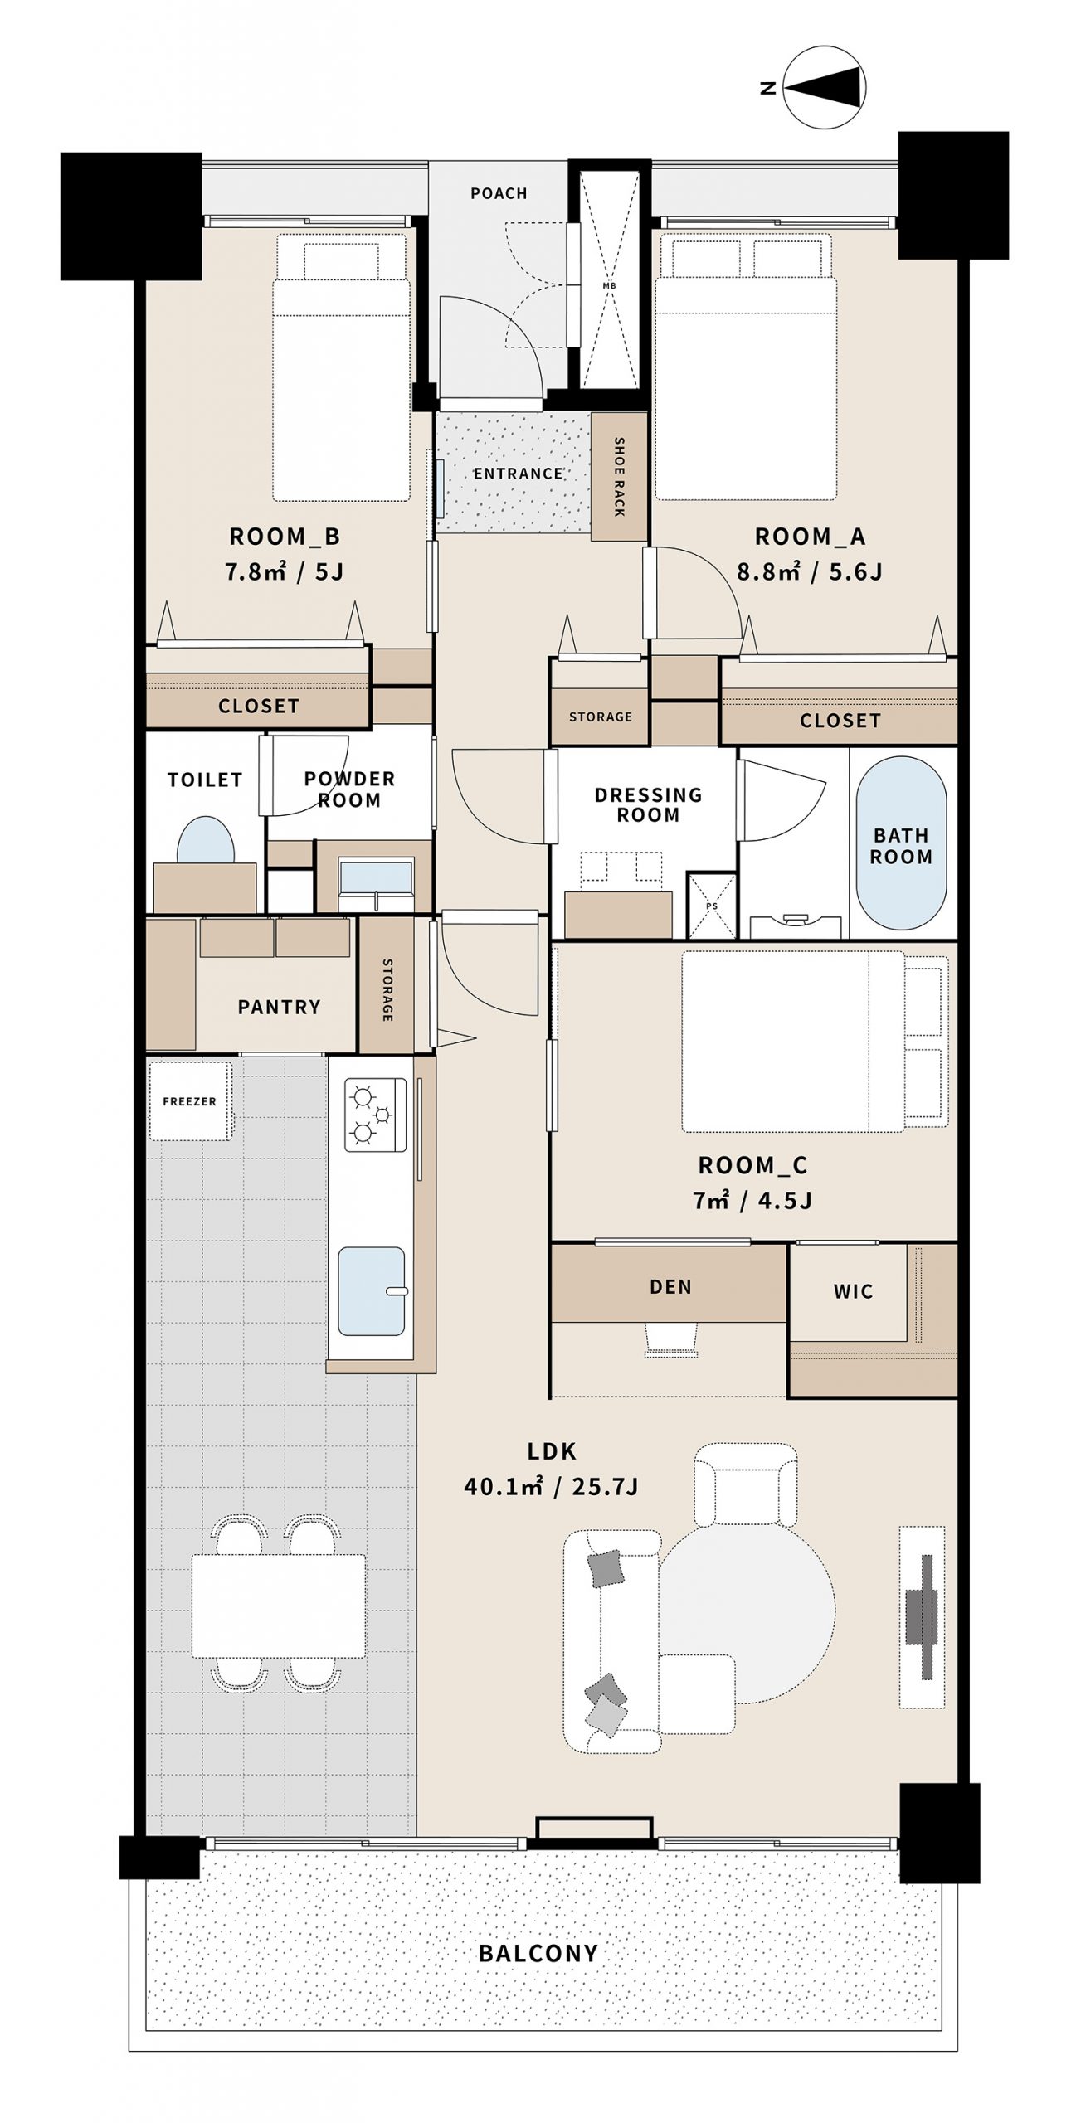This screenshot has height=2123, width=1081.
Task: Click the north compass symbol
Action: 825,87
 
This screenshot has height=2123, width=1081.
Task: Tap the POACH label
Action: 499,193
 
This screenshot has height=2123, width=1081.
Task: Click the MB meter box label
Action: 609,286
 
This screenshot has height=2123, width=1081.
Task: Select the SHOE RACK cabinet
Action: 619,477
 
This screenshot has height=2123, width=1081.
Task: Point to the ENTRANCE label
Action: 519,474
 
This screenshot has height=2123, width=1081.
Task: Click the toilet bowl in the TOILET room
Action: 205,840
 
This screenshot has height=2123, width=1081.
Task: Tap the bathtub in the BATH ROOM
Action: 900,843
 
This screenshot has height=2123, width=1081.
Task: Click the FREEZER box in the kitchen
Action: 190,1100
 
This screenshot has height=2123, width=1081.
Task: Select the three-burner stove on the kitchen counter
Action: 376,1115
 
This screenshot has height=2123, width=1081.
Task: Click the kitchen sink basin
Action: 372,1291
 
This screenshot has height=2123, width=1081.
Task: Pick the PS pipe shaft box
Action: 712,905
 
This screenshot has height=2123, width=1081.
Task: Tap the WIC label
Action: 853,1291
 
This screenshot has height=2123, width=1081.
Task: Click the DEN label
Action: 670,1286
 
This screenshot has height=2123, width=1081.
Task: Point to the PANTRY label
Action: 279,1007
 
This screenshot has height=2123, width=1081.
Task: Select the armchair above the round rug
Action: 745,1484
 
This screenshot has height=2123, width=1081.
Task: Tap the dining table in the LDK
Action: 279,1606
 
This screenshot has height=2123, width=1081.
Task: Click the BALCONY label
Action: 538,1953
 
